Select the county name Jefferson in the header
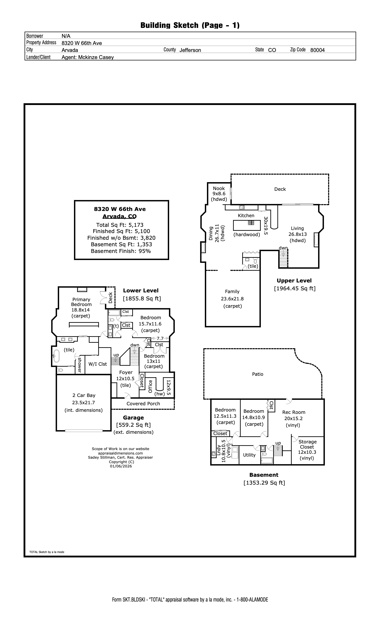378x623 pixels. tap(190, 50)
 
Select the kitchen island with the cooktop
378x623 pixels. tap(246, 225)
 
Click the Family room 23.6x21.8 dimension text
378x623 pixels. tap(232, 299)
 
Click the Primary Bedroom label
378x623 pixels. tap(81, 302)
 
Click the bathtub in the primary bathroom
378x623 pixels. tap(56, 356)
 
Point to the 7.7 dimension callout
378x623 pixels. tap(160, 338)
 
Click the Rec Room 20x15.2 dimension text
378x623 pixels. tap(293, 418)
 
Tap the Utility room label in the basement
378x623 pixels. tap(249, 455)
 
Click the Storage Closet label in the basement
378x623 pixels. tap(307, 444)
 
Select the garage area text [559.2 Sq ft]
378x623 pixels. tap(133, 425)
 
